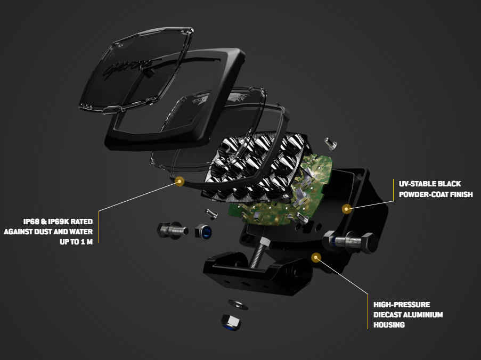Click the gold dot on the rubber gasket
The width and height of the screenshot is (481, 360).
tap(180, 182)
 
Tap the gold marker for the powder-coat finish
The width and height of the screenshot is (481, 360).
tap(346, 208)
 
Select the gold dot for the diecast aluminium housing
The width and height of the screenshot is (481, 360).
tap(316, 257)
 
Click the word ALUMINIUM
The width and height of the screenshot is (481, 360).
tap(423, 315)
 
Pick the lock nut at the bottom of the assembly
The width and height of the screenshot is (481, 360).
tap(230, 322)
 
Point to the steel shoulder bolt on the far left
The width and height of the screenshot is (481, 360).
tap(169, 230)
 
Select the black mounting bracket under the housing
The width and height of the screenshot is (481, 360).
tap(250, 272)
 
